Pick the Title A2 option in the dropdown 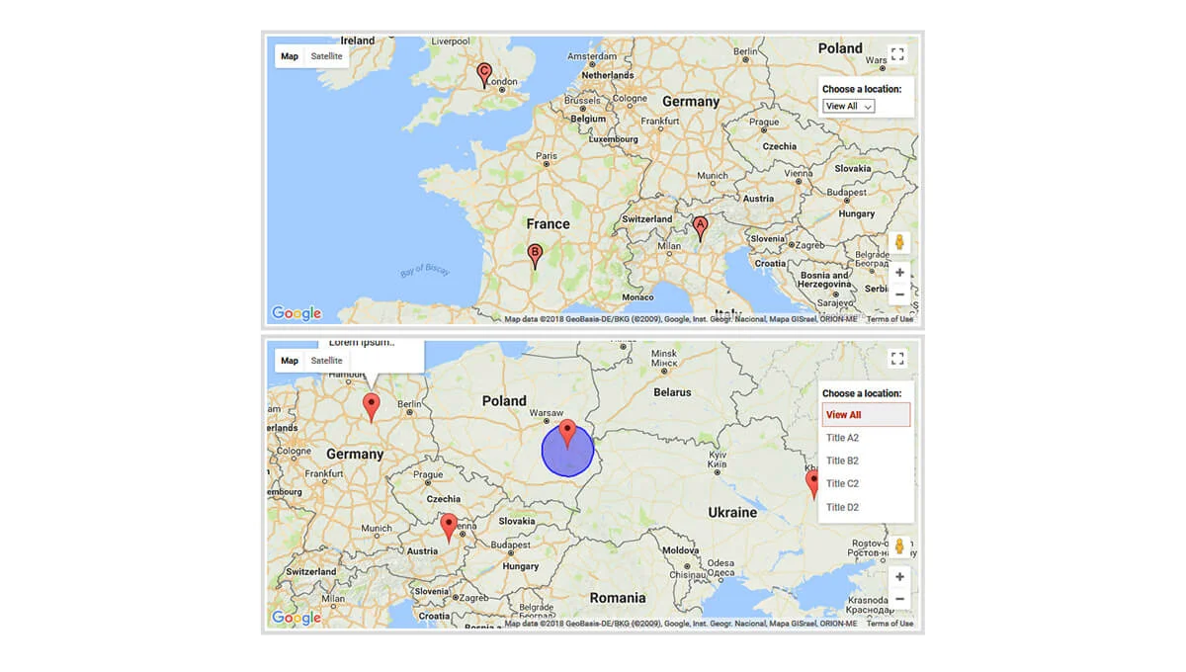(843, 437)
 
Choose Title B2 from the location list (843, 461)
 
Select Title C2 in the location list (843, 483)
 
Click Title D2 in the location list (843, 507)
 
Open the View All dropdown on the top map (849, 106)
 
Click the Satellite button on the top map (326, 56)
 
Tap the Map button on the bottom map (290, 361)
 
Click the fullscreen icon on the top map (897, 55)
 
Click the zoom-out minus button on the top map (899, 294)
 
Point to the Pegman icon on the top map (899, 242)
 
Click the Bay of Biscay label (425, 271)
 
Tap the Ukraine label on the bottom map (732, 512)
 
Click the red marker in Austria (449, 527)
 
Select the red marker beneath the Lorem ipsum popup (372, 406)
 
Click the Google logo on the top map (296, 313)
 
